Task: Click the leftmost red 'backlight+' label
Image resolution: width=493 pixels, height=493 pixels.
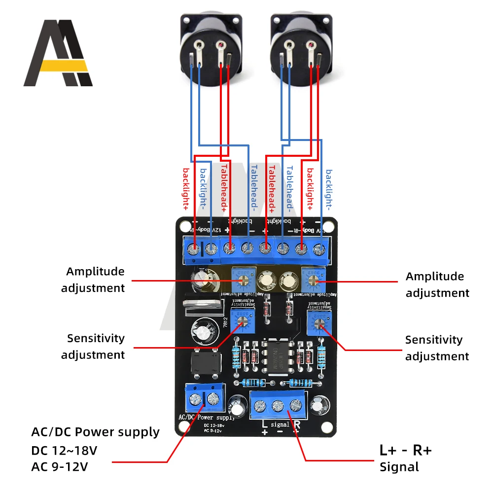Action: pyautogui.click(x=186, y=189)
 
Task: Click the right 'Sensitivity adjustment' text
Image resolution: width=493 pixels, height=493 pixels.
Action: pyautogui.click(x=437, y=348)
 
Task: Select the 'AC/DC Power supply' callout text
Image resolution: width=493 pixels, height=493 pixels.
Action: pyautogui.click(x=95, y=432)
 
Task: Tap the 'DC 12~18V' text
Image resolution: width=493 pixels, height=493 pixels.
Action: pyautogui.click(x=63, y=451)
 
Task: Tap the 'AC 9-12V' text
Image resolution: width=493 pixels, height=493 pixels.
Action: pyautogui.click(x=61, y=466)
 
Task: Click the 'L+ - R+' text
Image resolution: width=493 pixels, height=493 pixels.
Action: pyautogui.click(x=405, y=450)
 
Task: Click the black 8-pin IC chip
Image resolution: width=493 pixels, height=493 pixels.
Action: pyautogui.click(x=278, y=355)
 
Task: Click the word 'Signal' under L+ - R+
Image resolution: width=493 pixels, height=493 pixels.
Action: pyautogui.click(x=399, y=467)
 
